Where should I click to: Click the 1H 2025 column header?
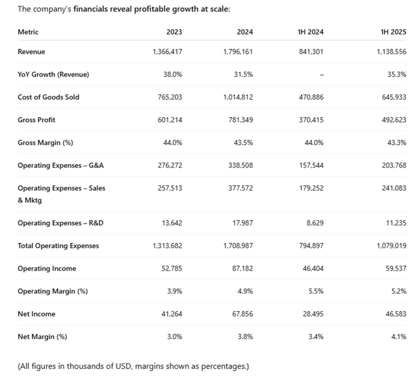coord(393,32)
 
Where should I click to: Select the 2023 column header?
coord(174,32)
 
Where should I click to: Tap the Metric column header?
coord(28,32)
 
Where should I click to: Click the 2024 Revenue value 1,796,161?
coord(238,52)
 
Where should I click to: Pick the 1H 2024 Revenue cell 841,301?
coord(311,52)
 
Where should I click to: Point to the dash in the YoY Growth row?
coord(322,75)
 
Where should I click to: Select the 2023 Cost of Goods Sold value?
coord(170,97)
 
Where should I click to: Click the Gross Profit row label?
coord(36,120)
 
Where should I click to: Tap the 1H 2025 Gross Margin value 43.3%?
coord(397,143)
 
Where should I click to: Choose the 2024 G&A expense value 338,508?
coord(241,165)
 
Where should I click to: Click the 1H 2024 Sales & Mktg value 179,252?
coord(311,188)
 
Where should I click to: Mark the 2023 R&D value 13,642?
coord(172,223)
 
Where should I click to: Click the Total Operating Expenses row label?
coord(58,246)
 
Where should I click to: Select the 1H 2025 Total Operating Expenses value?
coord(392,246)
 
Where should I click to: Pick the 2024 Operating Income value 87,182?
coord(243,268)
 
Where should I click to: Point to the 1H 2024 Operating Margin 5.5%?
coord(316,291)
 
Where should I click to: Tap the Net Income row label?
coord(36,314)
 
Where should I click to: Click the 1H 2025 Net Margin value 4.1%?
coord(399,337)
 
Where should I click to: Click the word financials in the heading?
coord(89,9)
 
